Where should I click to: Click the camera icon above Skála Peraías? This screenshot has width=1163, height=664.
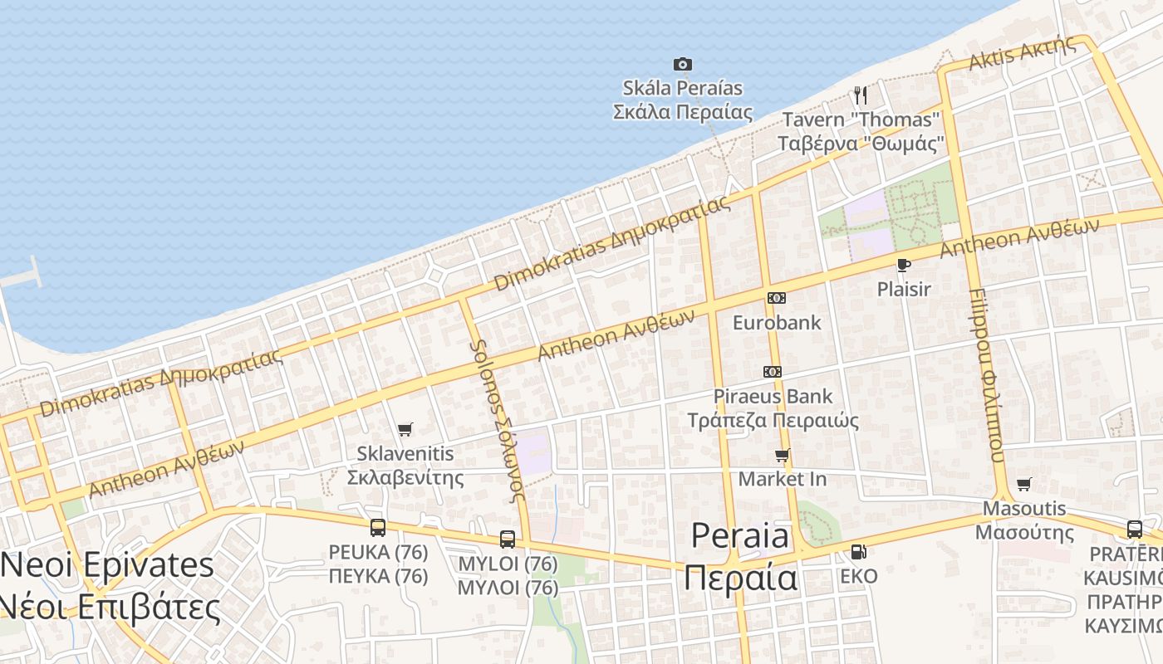tap(682, 64)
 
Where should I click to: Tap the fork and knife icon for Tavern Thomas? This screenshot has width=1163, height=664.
tap(861, 95)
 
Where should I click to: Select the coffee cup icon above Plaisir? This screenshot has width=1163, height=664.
tap(904, 265)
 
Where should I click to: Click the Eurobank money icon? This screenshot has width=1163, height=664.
tap(776, 297)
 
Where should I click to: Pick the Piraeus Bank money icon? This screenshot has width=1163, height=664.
tap(773, 371)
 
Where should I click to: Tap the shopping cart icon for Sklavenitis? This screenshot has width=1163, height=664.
tap(405, 429)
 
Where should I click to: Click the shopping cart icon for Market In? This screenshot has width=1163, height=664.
tap(782, 455)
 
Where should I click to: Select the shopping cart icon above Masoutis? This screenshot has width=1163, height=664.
tap(1024, 484)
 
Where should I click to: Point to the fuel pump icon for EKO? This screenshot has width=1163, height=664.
tap(858, 551)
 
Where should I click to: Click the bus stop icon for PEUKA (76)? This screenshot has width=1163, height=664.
tap(378, 527)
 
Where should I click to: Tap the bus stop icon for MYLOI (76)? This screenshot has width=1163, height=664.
tap(508, 539)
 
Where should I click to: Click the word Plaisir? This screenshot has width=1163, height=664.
tap(904, 289)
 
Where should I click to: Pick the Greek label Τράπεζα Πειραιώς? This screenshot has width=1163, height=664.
tap(773, 419)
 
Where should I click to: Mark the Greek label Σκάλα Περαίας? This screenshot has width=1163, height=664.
tap(682, 111)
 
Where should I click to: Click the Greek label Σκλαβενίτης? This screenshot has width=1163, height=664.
tap(405, 477)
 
